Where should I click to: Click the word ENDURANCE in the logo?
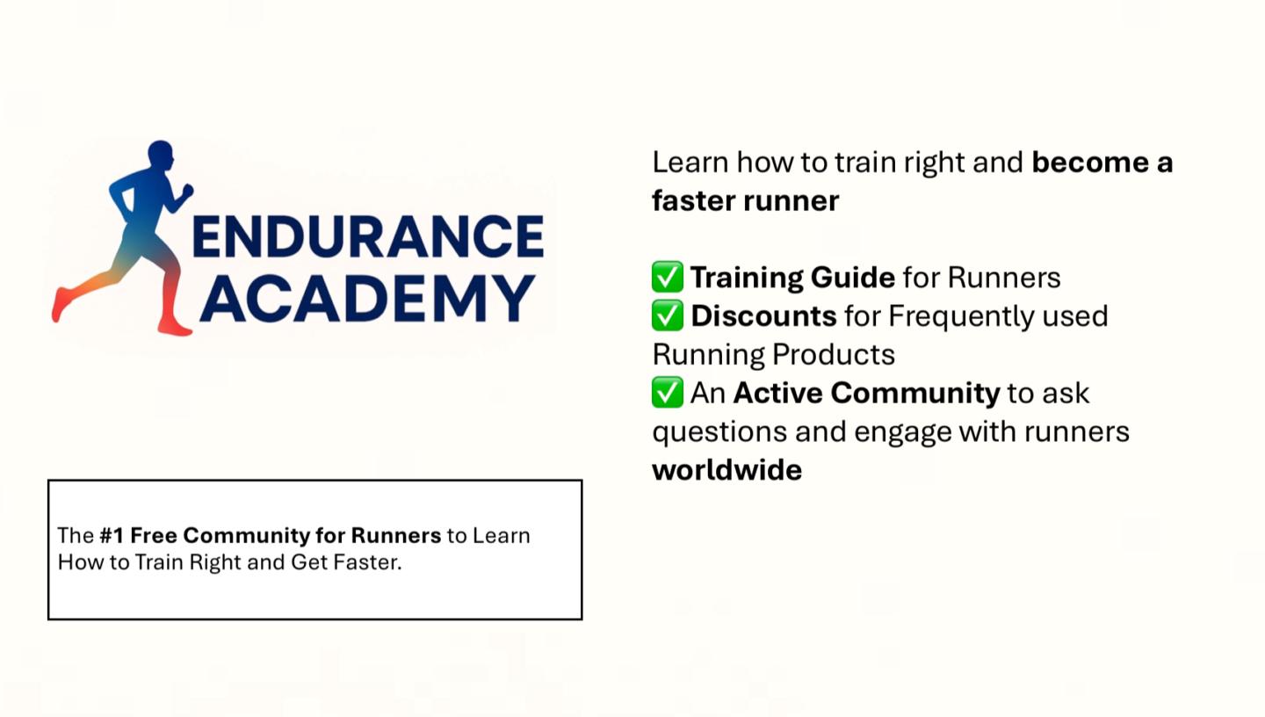point(368,236)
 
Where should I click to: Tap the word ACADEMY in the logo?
point(367,299)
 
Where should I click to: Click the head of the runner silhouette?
point(161,156)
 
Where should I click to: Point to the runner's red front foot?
point(175,326)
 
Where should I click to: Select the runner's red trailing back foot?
point(61,304)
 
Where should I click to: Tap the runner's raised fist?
point(186,191)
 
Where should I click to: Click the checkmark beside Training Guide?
point(668,277)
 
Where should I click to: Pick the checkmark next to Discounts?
point(668,315)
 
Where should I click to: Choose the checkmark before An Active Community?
point(668,392)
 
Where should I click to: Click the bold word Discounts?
point(763,315)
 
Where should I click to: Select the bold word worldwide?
point(726,470)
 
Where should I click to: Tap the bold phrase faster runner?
point(746,201)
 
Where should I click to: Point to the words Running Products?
point(774,355)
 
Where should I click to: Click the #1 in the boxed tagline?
point(112,536)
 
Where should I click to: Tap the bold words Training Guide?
point(793,278)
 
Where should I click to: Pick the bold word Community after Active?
point(915,394)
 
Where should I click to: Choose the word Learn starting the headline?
point(690,163)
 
